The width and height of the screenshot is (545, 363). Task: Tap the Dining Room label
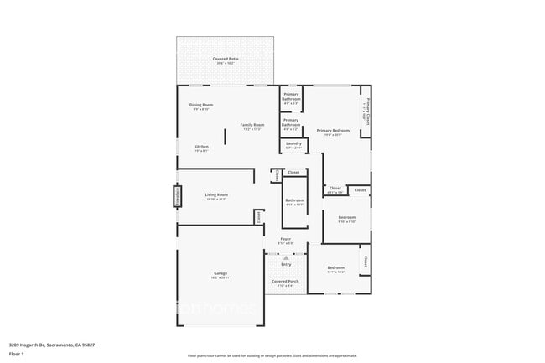(x=201, y=106)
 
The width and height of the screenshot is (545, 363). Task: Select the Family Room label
(x=252, y=127)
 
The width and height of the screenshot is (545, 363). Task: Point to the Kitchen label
(x=201, y=148)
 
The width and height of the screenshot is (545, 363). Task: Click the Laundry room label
(x=293, y=144)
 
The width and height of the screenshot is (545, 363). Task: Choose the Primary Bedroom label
(x=333, y=132)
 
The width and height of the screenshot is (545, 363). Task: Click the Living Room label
(x=216, y=196)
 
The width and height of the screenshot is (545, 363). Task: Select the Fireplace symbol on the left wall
(x=178, y=196)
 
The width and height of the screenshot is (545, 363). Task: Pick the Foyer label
(x=286, y=241)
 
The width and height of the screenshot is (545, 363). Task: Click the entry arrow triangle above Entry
(x=286, y=257)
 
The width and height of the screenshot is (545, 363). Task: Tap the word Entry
(x=286, y=265)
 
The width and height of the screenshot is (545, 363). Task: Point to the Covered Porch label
(x=286, y=282)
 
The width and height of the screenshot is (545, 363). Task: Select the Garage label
(x=221, y=273)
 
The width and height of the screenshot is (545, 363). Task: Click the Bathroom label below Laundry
(x=294, y=201)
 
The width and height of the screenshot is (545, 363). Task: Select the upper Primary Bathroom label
(x=291, y=97)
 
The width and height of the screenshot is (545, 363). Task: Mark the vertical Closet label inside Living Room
(x=258, y=216)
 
